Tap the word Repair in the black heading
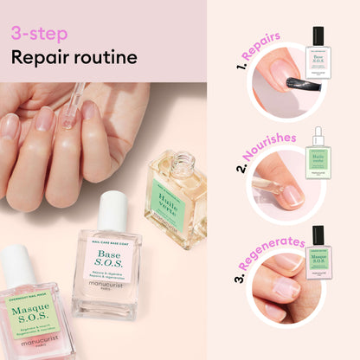tap(40, 58)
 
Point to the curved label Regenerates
tap(274, 246)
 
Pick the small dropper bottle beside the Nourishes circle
tap(318, 157)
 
